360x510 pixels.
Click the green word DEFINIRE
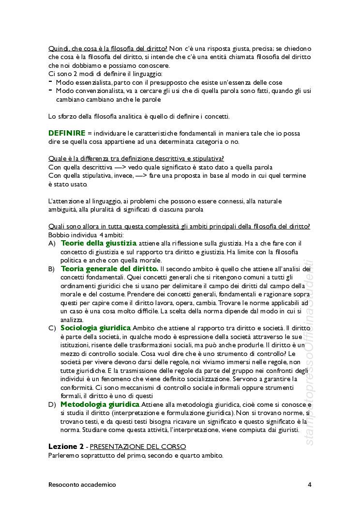67,133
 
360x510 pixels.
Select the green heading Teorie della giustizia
99,243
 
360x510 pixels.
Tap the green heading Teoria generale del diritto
109,268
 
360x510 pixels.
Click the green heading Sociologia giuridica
96,328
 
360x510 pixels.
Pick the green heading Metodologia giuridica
100,404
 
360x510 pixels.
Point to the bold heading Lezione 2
66,446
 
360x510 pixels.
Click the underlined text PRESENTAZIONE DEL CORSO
138,447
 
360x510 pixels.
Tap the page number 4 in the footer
309,484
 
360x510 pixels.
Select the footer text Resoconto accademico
82,484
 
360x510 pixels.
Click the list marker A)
52,244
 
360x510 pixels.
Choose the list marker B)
52,269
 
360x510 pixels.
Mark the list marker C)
52,328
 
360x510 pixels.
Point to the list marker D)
52,404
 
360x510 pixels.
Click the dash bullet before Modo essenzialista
50,82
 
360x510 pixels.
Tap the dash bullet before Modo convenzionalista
50,90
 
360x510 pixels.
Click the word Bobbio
59,235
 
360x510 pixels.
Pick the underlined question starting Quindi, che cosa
108,48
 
